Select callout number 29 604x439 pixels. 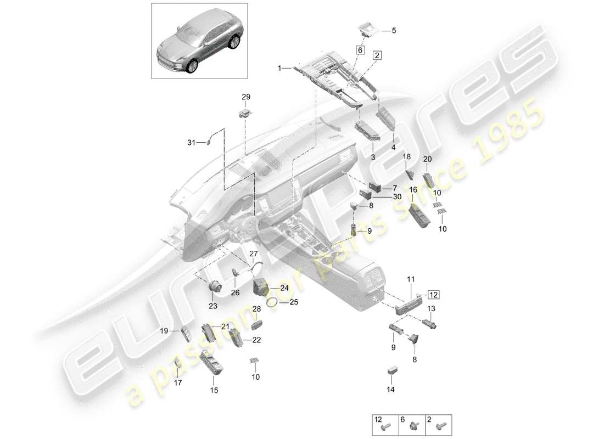point(246,97)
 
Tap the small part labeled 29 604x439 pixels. point(245,113)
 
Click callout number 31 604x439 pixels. point(191,143)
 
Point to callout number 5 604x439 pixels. point(393,31)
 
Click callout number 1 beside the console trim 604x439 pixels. point(279,69)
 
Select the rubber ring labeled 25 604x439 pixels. point(272,301)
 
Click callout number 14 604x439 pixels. point(390,390)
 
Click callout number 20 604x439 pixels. point(428,159)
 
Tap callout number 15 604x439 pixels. point(214,390)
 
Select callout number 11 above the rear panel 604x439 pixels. point(411,280)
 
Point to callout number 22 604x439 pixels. point(256,340)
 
